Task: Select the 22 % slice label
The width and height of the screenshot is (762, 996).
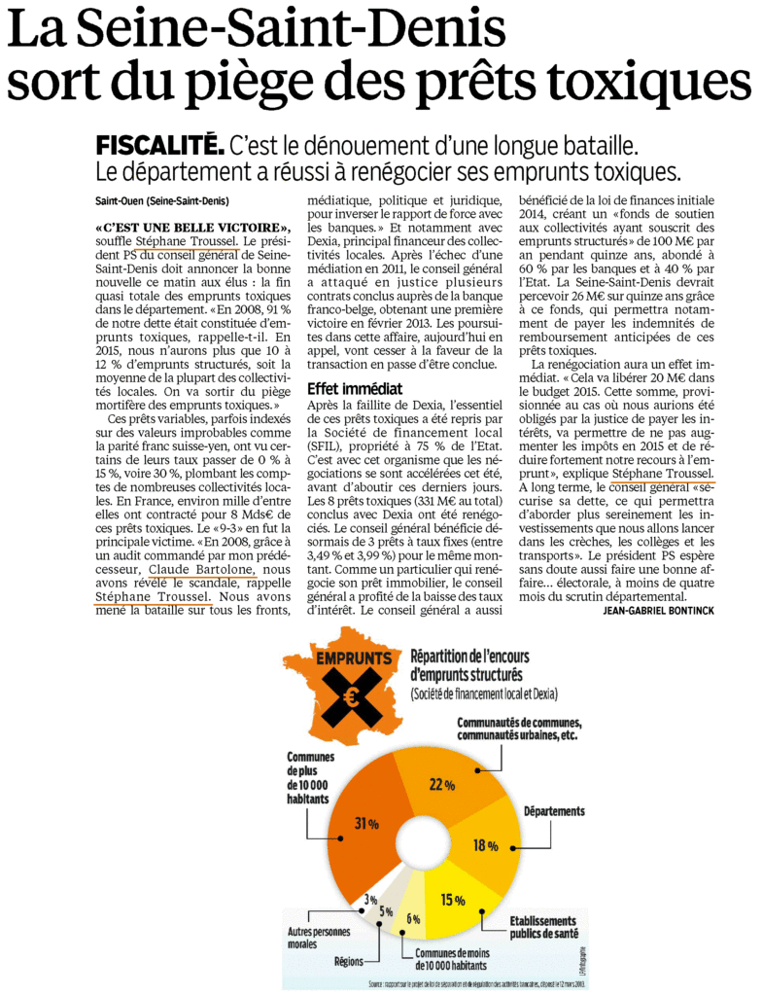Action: pos(443,785)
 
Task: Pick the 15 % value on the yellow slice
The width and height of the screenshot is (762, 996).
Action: pos(450,898)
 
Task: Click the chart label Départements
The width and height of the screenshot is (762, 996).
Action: pos(554,810)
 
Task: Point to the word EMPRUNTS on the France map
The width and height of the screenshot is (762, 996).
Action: pos(348,658)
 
